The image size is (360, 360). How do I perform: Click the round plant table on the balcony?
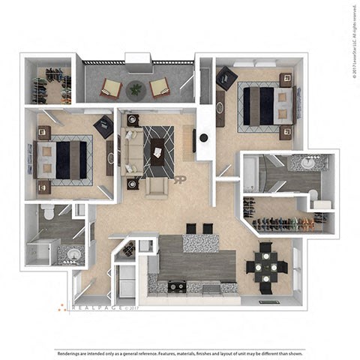tap(135, 88)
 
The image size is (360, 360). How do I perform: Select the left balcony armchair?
tap(111, 88)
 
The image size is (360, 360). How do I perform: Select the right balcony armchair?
tap(160, 87)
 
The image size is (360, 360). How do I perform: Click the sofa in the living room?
tap(132, 148)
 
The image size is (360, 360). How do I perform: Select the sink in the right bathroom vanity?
tap(308, 163)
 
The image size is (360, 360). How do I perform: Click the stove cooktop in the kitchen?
tap(176, 286)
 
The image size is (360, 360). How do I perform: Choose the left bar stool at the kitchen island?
tap(190, 229)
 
